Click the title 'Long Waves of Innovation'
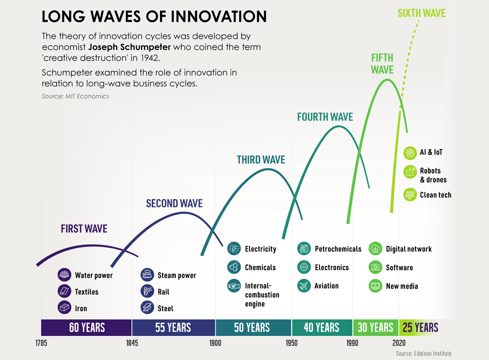(154, 17)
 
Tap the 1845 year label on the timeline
(132, 343)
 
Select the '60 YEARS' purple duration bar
(87, 327)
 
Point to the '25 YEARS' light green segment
(420, 327)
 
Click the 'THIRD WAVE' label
(261, 160)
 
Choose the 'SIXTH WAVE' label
(421, 13)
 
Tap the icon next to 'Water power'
(65, 275)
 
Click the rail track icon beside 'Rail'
(147, 291)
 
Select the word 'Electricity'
(260, 249)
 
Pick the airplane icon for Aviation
(304, 286)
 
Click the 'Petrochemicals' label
(338, 249)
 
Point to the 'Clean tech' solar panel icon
(410, 195)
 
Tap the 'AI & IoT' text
(431, 152)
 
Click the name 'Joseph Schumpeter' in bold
(130, 47)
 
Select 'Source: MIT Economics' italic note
(75, 96)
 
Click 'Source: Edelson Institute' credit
(423, 353)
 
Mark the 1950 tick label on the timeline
(291, 343)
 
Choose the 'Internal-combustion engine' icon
(234, 286)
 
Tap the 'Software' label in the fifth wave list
(399, 268)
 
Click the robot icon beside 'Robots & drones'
(410, 172)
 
